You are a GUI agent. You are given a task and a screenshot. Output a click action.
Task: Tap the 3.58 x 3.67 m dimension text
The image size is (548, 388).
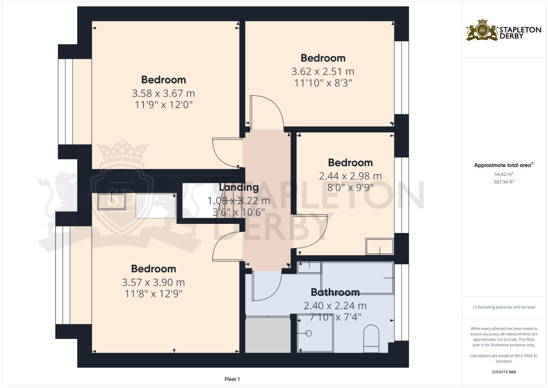(x=163, y=93)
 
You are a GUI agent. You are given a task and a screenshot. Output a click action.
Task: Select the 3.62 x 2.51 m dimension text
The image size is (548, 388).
(x=323, y=71)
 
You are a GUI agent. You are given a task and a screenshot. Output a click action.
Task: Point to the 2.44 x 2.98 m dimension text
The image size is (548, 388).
(x=350, y=176)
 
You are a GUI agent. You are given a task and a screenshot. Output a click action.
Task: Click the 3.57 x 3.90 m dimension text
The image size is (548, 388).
(x=153, y=282)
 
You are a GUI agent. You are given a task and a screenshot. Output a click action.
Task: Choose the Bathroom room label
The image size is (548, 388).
(x=335, y=292)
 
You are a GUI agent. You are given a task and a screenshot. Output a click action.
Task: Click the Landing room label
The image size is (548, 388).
(x=239, y=188)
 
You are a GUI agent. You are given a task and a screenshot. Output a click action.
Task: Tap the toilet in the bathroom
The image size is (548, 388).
(x=371, y=339)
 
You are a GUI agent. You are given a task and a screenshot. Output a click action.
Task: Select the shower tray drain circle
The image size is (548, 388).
(x=309, y=333)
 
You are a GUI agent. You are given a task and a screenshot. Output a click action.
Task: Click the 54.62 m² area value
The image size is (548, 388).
(x=504, y=174)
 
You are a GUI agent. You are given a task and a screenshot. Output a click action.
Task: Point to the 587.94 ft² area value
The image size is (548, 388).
(x=504, y=182)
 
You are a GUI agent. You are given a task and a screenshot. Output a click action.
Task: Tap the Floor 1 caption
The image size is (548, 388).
(x=232, y=379)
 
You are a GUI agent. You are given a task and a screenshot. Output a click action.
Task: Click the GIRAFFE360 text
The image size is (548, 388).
(x=504, y=372)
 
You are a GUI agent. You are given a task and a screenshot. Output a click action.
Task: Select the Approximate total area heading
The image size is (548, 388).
(x=504, y=165)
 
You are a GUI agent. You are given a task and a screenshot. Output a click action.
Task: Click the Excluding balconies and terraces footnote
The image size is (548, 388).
(x=504, y=307)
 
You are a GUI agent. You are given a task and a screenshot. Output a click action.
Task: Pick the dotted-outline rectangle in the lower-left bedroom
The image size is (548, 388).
(x=156, y=206)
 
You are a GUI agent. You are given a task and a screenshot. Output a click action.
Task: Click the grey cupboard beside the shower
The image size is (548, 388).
(x=268, y=335)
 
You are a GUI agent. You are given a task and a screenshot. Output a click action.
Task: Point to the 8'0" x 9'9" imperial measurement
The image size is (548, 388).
(x=350, y=188)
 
